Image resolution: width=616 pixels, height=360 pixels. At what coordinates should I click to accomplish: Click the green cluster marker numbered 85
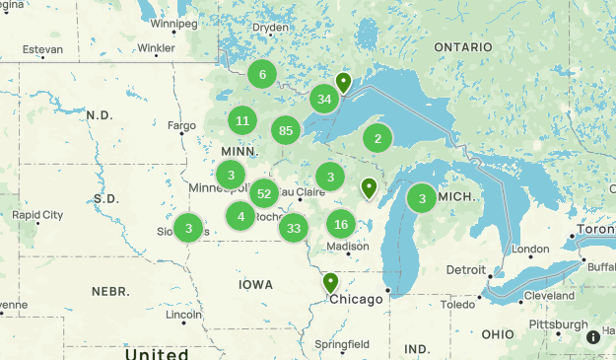pos(286,130)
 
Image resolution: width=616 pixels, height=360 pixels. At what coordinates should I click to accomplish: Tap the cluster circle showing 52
pos(263,193)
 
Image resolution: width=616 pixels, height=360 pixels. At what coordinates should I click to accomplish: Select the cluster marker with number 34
pos(324,99)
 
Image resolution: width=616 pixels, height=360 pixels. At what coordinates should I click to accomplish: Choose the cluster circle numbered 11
pos(242,121)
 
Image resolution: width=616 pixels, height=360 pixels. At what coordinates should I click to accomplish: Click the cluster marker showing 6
pos(262,74)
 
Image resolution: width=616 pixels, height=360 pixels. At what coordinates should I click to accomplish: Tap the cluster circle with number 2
pos(377,138)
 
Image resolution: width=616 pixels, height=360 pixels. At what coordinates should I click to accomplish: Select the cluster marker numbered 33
pos(293,229)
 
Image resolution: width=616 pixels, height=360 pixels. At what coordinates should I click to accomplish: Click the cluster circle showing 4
pos(241,216)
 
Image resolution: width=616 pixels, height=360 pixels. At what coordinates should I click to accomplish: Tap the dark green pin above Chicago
pos(330,283)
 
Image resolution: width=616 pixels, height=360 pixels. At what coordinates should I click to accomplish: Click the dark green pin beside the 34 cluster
pos(343,82)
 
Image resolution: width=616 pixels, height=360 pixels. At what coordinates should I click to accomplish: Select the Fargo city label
pos(181,125)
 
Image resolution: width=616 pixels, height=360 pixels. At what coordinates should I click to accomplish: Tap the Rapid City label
pos(37,214)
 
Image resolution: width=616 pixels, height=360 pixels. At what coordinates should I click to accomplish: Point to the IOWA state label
pos(255,284)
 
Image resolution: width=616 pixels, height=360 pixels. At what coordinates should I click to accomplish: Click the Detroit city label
pos(465,269)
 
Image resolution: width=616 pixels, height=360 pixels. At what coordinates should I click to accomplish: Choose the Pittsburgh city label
pos(558,324)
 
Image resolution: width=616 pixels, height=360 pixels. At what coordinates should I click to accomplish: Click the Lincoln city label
pos(184,316)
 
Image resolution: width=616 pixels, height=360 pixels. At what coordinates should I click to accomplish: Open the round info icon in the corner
pos(593,337)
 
